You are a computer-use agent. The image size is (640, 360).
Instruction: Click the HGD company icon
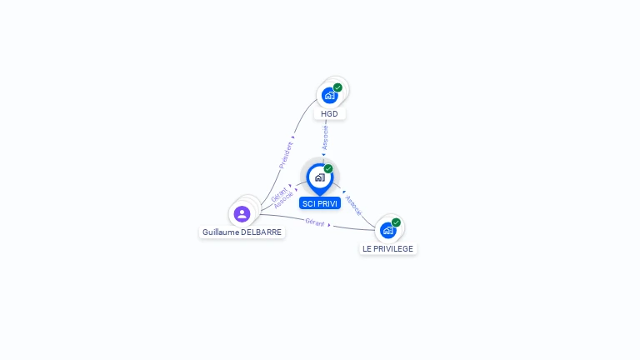click(329, 96)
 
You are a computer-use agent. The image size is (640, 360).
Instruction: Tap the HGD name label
click(329, 114)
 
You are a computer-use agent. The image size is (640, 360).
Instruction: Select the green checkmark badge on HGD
click(337, 87)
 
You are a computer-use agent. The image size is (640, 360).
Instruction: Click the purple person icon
click(242, 214)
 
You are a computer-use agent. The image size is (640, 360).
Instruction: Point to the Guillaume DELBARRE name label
click(242, 232)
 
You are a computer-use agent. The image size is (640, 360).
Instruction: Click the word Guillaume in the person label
click(221, 232)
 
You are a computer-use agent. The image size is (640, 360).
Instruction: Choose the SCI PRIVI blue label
click(320, 203)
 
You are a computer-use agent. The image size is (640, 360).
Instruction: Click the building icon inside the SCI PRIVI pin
click(320, 177)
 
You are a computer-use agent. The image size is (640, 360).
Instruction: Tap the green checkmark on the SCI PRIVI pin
click(328, 168)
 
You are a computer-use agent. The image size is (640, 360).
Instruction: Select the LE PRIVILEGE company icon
click(387, 231)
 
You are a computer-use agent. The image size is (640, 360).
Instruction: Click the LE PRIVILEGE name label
click(387, 248)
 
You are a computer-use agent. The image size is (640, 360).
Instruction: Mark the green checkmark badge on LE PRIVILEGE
click(396, 222)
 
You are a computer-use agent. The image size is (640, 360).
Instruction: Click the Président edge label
click(286, 155)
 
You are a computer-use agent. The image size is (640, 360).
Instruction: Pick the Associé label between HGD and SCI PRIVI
click(325, 137)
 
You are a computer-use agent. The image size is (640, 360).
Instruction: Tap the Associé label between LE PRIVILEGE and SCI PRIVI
click(353, 205)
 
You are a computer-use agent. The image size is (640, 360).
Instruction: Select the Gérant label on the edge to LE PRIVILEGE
click(315, 222)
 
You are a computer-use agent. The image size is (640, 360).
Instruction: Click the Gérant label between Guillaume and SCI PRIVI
click(279, 194)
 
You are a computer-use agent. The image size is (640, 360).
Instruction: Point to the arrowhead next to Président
click(293, 137)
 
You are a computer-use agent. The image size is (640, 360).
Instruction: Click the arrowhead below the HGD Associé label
click(323, 155)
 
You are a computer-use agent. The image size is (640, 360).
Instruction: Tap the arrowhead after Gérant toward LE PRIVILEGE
click(329, 225)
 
